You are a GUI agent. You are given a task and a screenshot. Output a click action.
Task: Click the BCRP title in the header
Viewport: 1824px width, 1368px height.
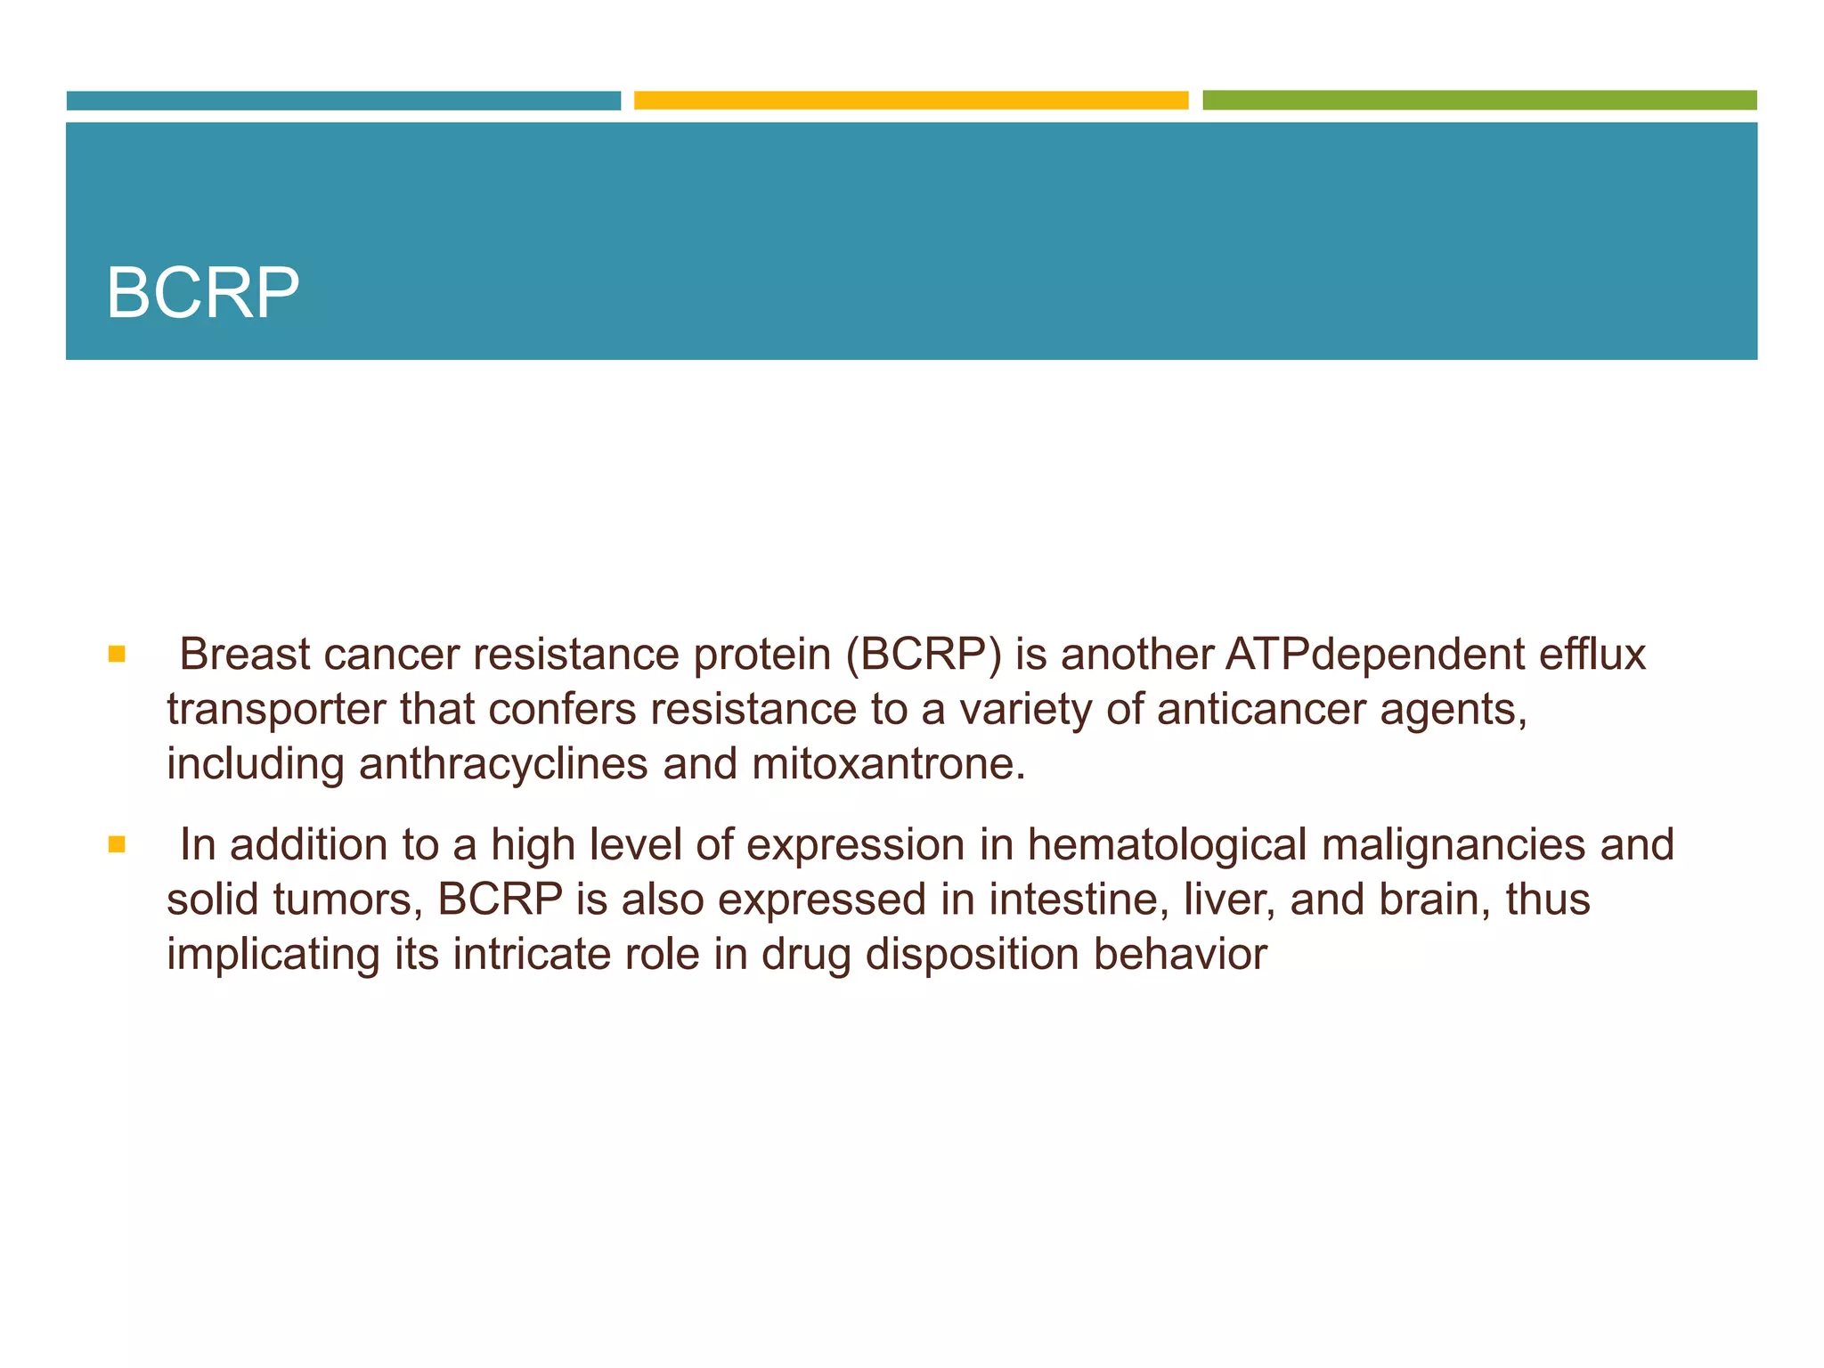tap(203, 293)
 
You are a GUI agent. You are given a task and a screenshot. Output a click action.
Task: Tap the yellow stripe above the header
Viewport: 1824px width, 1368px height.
tap(910, 100)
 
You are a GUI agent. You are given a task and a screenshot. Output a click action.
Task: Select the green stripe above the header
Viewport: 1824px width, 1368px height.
tap(1478, 100)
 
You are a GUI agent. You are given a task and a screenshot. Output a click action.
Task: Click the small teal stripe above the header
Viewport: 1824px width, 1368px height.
tap(343, 100)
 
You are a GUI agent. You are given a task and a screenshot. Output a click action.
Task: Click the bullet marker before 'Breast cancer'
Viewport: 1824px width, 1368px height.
tap(117, 655)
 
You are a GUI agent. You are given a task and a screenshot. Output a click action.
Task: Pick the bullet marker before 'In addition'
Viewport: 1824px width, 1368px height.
tap(117, 844)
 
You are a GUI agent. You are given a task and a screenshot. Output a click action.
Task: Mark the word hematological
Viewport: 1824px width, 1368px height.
tap(1167, 845)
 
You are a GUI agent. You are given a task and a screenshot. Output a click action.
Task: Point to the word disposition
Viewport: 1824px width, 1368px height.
tap(972, 955)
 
